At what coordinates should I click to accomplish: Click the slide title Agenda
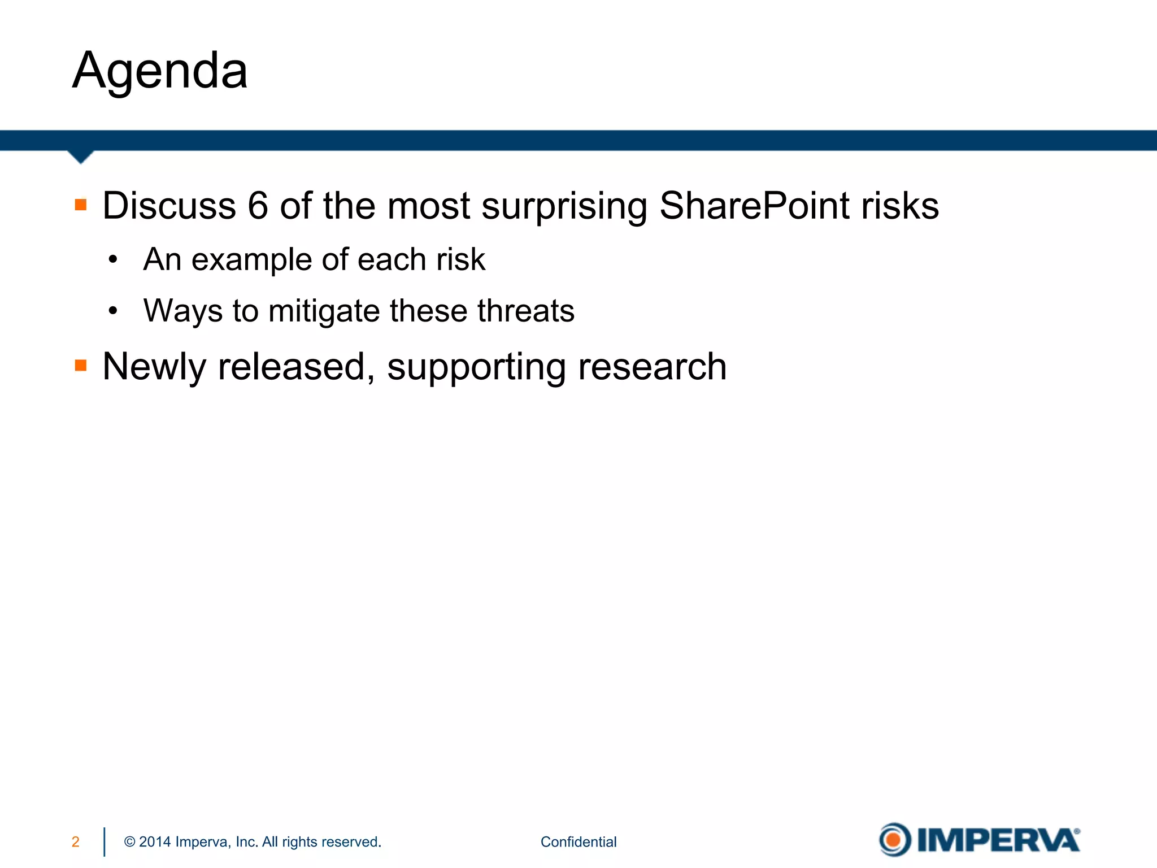160,71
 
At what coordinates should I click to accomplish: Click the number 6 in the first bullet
258,206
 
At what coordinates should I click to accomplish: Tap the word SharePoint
754,206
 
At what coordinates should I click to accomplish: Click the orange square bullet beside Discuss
81,205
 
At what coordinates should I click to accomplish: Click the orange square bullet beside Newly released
81,366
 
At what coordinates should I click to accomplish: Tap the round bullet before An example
113,260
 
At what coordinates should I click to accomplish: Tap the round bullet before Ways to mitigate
113,311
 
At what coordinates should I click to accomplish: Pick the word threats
525,311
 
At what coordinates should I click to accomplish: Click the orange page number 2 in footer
76,842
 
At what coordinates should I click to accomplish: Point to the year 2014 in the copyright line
155,842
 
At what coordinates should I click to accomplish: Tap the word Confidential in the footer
578,842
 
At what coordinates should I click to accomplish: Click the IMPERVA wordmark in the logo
998,840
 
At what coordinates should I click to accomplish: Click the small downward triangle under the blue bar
80,157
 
